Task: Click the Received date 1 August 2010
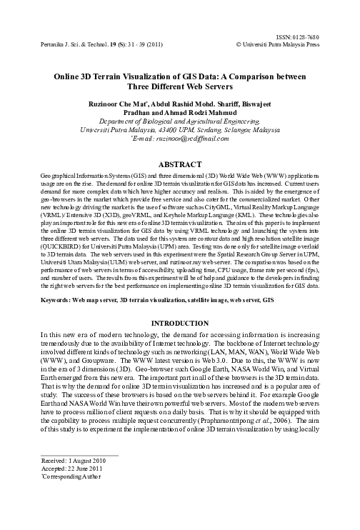[x=62, y=501]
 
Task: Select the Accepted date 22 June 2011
[x=62, y=509]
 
